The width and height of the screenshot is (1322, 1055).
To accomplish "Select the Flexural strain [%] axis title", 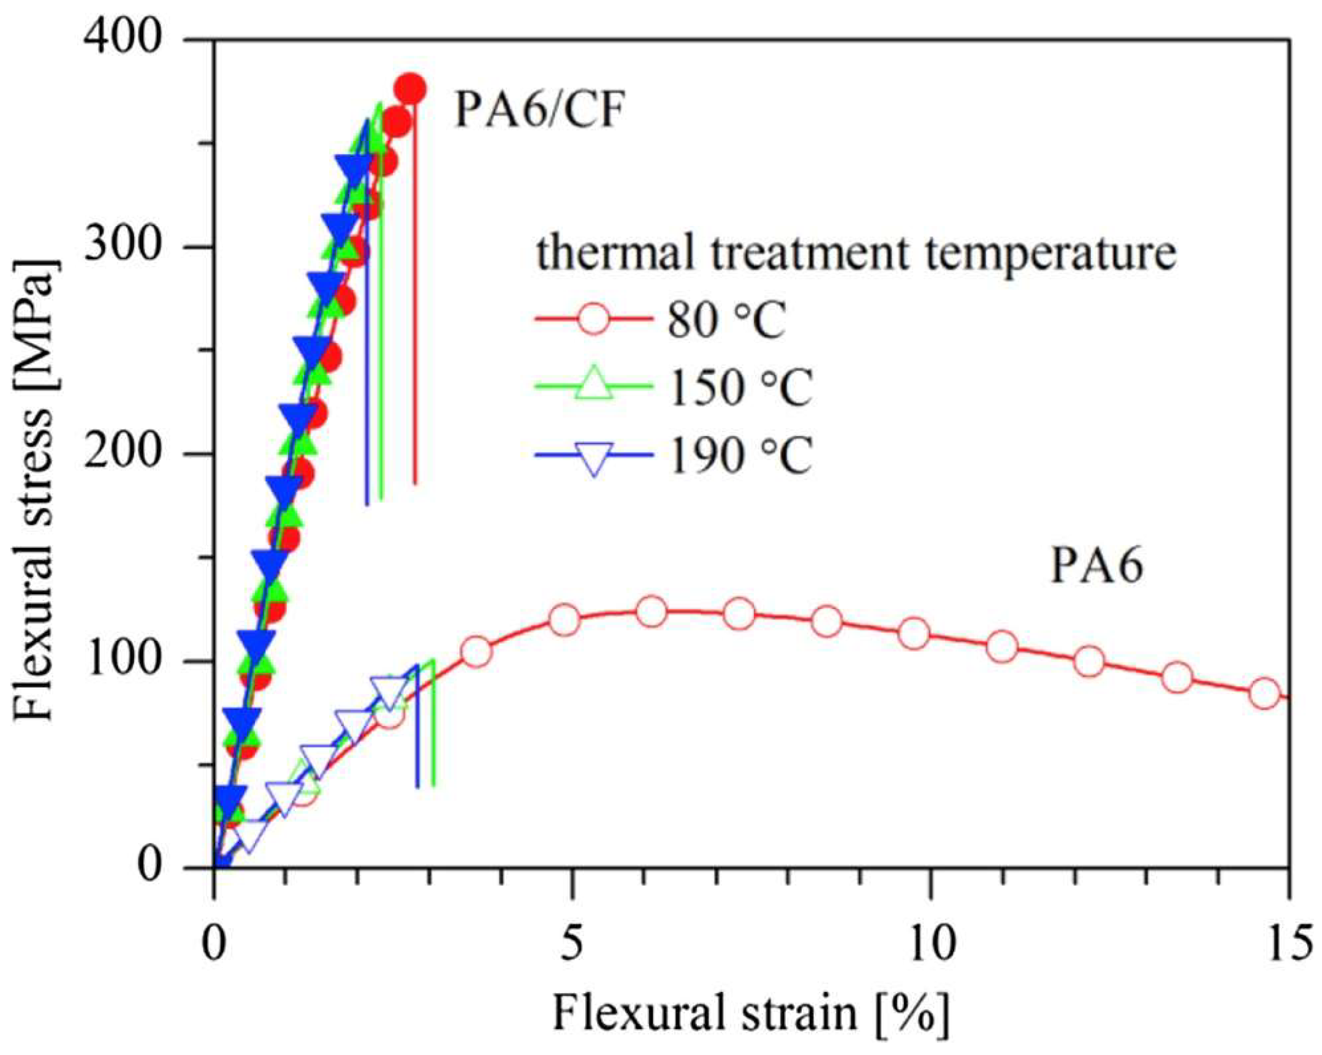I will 751,1015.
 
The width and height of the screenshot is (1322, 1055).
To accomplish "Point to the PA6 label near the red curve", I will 1096,566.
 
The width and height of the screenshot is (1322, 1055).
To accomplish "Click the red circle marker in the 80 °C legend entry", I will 593,319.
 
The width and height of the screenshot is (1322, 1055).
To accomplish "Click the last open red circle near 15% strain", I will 1264,694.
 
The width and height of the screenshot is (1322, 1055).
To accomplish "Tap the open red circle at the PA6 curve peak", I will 651,611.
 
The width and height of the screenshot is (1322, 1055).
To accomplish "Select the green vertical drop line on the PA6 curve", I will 433,724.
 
